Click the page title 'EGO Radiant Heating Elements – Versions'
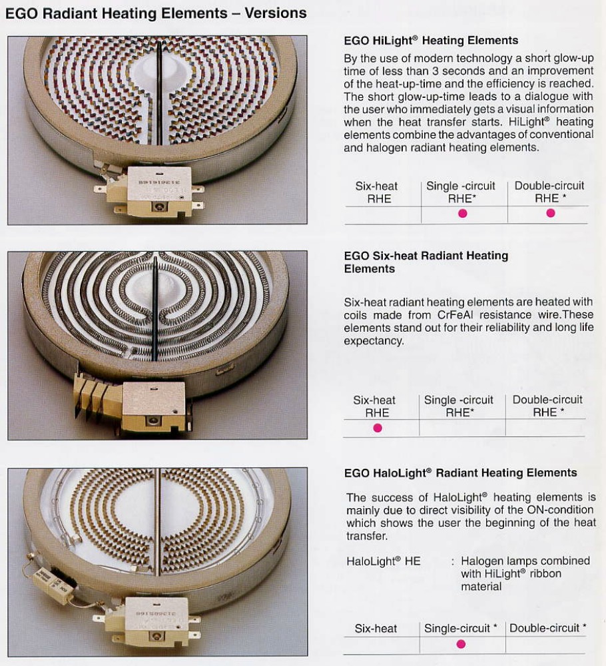click(x=156, y=13)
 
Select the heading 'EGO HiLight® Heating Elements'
click(x=431, y=41)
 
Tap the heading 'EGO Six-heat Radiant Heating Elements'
click(x=426, y=262)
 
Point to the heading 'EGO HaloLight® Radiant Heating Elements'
click(x=460, y=473)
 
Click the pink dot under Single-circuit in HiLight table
click(x=463, y=214)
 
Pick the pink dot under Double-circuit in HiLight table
click(x=551, y=213)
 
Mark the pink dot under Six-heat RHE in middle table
click(x=378, y=428)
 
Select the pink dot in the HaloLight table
click(x=461, y=644)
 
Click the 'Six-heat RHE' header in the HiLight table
click(x=377, y=192)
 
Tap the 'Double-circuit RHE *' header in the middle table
click(x=547, y=406)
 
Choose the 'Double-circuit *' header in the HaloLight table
click(x=548, y=628)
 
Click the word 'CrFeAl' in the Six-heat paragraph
click(x=455, y=315)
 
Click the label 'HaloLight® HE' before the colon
click(x=384, y=561)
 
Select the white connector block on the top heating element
click(x=153, y=191)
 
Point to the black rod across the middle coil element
click(x=154, y=308)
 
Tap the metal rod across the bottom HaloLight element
click(x=158, y=522)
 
